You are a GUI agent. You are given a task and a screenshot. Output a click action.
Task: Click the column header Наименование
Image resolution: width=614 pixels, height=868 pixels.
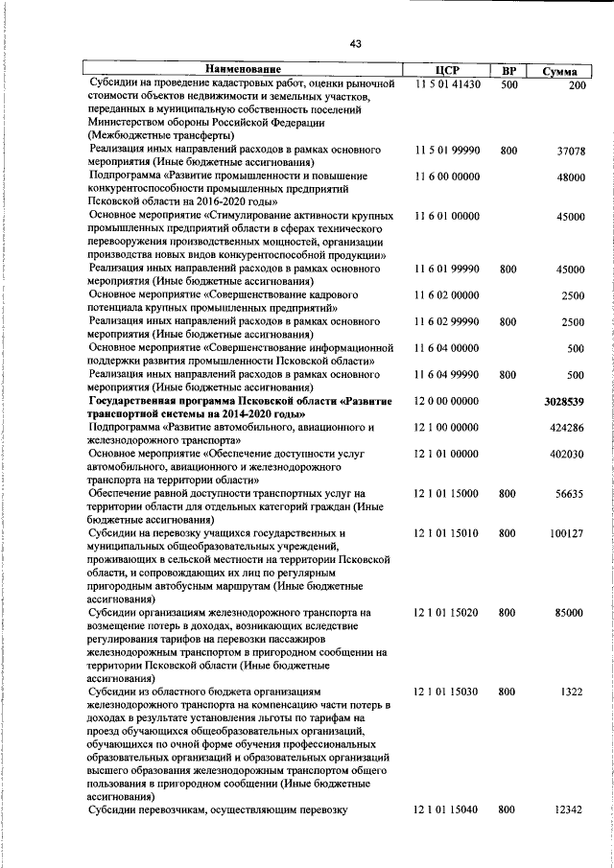coord(243,70)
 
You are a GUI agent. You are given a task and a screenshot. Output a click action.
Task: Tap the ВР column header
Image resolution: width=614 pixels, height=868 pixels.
coord(508,71)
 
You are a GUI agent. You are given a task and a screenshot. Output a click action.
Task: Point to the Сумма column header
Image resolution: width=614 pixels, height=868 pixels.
coord(559,71)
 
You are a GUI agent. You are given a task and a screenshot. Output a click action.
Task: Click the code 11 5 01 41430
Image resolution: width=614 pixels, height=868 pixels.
coord(447,84)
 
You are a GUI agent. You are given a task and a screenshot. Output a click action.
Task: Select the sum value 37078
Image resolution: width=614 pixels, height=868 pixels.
coord(570,152)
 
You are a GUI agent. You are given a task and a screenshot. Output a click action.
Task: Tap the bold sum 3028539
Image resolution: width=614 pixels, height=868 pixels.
coord(564,401)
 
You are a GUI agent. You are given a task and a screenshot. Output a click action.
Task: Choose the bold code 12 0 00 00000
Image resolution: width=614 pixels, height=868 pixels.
coord(447,401)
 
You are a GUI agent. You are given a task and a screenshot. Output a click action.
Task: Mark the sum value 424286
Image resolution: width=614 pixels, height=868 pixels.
coord(567,427)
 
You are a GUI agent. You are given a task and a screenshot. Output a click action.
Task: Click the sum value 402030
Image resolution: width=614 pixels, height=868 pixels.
coord(567,454)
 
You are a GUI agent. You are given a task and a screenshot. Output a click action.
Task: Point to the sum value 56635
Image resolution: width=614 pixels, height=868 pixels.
coord(570,494)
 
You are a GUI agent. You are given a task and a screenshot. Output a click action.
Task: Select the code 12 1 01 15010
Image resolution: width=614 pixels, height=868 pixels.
coord(447,533)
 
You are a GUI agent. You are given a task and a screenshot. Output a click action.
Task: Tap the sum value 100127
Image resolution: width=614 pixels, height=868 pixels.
coord(567,533)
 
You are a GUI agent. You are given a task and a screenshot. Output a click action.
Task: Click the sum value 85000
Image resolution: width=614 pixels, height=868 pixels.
coord(570,612)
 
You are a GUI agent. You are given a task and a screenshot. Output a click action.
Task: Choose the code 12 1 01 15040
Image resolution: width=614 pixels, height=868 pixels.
coord(447,811)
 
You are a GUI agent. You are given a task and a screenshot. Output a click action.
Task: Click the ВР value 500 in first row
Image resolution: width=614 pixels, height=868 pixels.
coord(508,84)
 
